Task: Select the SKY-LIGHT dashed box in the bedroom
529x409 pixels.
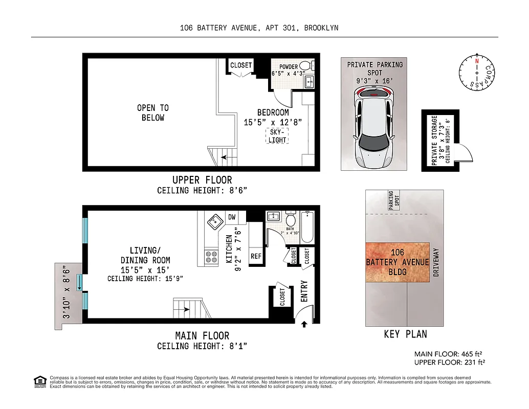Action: coord(277,136)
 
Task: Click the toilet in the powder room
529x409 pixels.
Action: coord(305,66)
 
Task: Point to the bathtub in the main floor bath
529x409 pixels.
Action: coord(307,228)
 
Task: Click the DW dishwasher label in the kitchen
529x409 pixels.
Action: coord(232,217)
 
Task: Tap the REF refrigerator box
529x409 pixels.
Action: coord(255,257)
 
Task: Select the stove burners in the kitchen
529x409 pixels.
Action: coord(211,257)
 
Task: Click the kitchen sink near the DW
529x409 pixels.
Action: coord(214,222)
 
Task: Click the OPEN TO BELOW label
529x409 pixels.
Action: coord(152,112)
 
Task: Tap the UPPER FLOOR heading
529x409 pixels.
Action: coord(202,180)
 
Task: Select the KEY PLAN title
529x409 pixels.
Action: coord(405,334)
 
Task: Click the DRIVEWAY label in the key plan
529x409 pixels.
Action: coord(436,262)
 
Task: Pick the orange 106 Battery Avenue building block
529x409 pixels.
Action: coord(398,262)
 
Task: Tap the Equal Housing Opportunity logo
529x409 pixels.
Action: coord(39,381)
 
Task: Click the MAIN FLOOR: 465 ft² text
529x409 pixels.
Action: coord(449,354)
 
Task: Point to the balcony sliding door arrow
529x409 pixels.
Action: coord(80,283)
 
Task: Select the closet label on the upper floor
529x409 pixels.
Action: coord(241,65)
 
